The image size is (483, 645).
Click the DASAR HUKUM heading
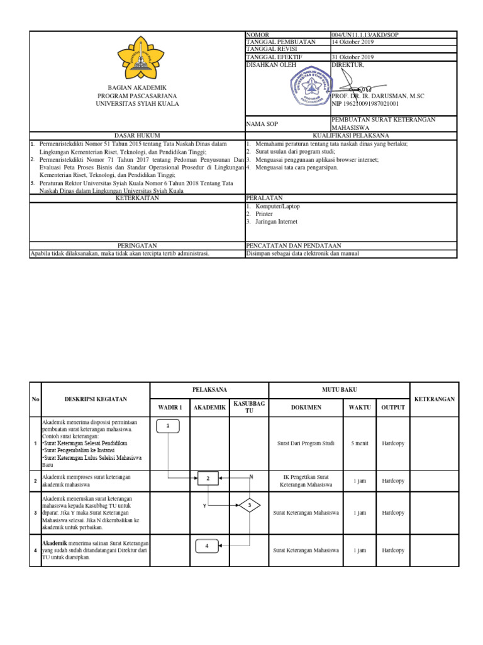click(137, 135)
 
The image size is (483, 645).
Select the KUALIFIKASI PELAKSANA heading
click(351, 135)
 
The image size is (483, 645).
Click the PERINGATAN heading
click(137, 245)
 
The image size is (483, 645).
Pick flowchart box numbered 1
click(168, 426)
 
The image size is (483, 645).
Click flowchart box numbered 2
click(208, 479)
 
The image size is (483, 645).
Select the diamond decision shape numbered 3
click(249, 505)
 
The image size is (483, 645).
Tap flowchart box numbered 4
click(207, 545)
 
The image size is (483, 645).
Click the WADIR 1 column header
click(170, 407)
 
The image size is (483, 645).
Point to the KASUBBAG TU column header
click(248, 407)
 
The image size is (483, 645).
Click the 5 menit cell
click(360, 443)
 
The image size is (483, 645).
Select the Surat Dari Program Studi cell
click(306, 443)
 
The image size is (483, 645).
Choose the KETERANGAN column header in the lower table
click(435, 399)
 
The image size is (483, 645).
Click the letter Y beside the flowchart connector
click(204, 506)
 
